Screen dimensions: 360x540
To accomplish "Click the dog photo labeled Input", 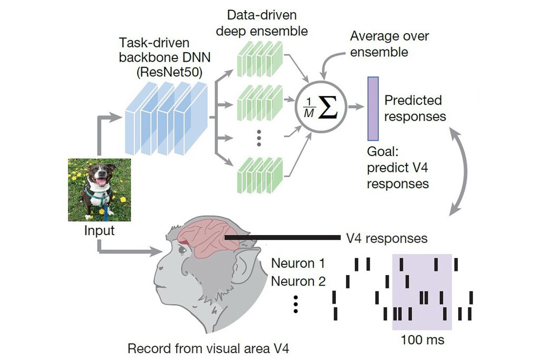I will coord(99,190).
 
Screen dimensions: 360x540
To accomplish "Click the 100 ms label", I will coord(422,340).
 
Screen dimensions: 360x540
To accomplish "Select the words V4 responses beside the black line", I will coord(386,238).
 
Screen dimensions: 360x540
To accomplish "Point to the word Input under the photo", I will coord(99,230).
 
